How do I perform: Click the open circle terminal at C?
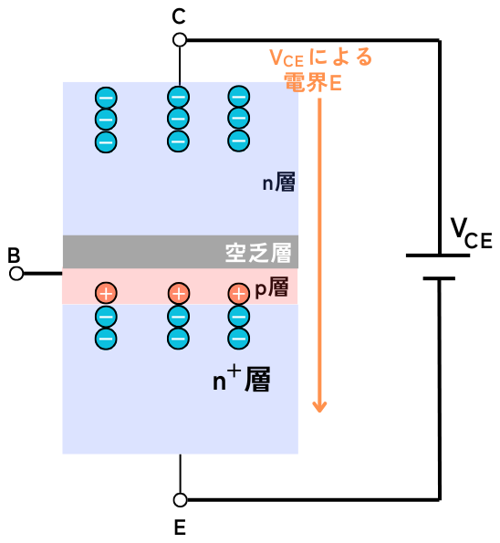(180, 40)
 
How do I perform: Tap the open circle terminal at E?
(180, 500)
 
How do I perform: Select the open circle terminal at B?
(16, 274)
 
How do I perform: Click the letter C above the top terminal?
(179, 16)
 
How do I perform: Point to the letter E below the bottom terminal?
(180, 527)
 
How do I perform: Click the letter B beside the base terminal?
(14, 256)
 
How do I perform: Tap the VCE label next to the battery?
(472, 234)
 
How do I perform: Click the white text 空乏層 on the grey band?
(258, 253)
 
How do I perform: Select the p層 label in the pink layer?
(272, 287)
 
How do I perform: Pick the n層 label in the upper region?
(278, 183)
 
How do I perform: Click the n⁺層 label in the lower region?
(242, 380)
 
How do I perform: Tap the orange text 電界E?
(313, 82)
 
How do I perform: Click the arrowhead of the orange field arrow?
(319, 407)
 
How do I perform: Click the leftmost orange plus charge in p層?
(106, 293)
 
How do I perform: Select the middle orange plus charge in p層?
(179, 293)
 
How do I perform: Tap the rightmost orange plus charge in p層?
(238, 294)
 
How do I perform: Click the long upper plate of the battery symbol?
(438, 256)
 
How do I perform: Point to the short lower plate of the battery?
(439, 278)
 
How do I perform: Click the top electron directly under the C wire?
(178, 97)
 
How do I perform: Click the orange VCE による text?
(320, 57)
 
